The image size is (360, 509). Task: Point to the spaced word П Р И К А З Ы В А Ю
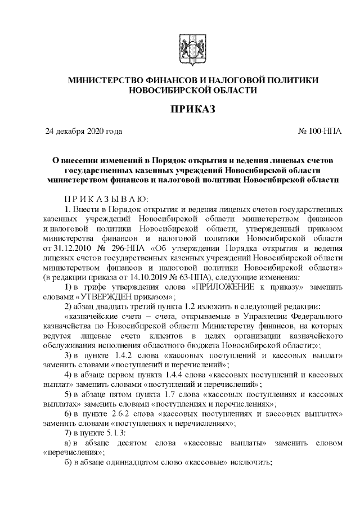(x=105, y=199)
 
